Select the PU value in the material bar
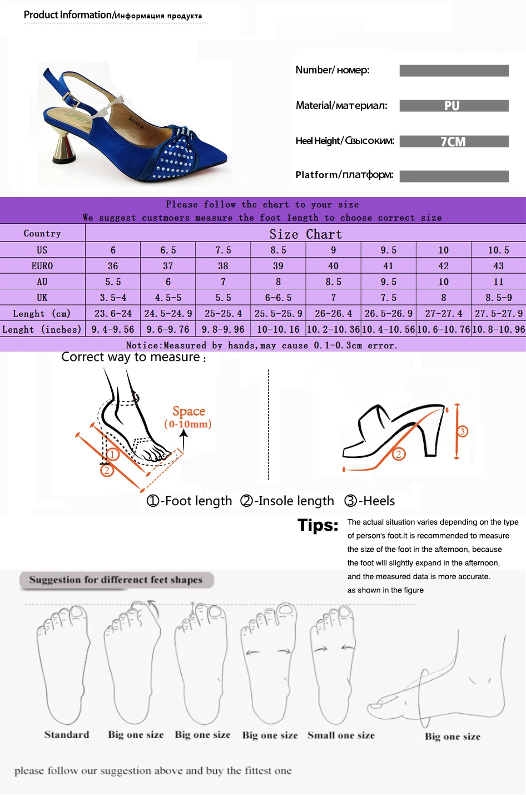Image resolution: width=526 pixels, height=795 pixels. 451,106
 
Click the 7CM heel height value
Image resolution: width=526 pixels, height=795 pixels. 453,142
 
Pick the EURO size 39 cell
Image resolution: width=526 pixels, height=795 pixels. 278,266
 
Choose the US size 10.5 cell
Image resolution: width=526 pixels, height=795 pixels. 498,250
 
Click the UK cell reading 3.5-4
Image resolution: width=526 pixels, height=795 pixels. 113,298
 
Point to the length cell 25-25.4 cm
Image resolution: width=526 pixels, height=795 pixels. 223,313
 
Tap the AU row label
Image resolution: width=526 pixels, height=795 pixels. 42,282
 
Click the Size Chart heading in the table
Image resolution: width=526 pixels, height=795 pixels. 305,234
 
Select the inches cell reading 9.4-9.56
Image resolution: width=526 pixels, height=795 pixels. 113,329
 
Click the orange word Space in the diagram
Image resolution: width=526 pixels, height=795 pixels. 188,411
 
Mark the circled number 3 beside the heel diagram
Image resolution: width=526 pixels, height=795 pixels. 462,431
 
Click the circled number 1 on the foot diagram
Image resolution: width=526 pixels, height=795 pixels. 112,455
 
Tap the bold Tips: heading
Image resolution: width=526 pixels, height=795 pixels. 318,525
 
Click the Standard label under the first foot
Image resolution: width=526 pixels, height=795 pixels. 67,734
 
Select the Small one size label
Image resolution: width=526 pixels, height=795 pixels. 341,735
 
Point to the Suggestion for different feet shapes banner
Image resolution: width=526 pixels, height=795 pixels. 116,580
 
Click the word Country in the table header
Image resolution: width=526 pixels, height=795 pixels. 42,234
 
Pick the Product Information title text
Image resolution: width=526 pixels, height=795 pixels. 67,15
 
